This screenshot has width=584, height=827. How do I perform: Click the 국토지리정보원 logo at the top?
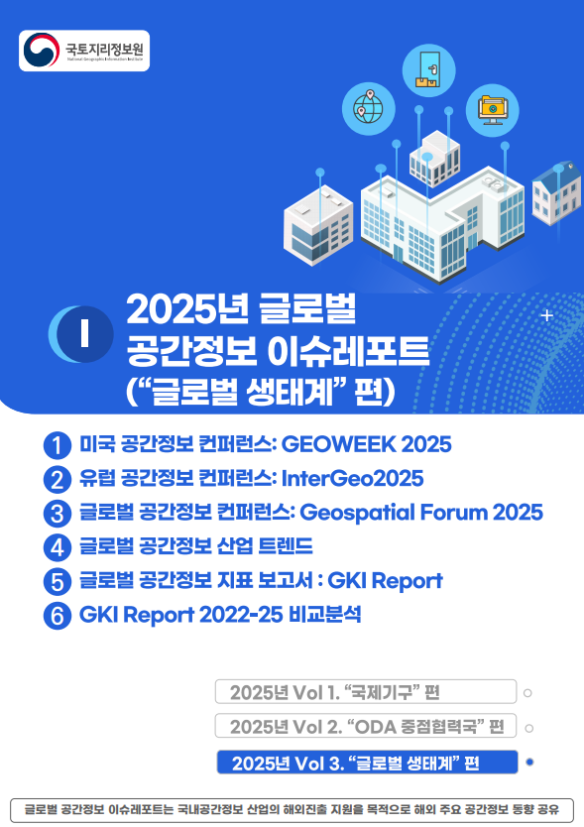coord(84,51)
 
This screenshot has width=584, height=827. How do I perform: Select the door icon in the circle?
coord(428,68)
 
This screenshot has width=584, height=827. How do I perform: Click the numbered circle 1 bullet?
coord(58,445)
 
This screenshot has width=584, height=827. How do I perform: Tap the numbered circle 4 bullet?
coord(58,546)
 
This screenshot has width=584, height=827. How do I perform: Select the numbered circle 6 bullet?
coord(58,615)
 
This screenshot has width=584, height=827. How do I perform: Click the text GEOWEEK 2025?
coord(382,444)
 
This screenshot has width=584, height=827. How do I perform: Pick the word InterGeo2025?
coord(354,479)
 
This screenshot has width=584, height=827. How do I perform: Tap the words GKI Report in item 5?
coord(384,580)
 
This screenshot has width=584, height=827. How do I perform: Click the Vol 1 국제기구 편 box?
coord(366,691)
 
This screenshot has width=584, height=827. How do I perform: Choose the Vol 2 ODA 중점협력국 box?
coord(366,726)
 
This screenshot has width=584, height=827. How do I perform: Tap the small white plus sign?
coord(547,316)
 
